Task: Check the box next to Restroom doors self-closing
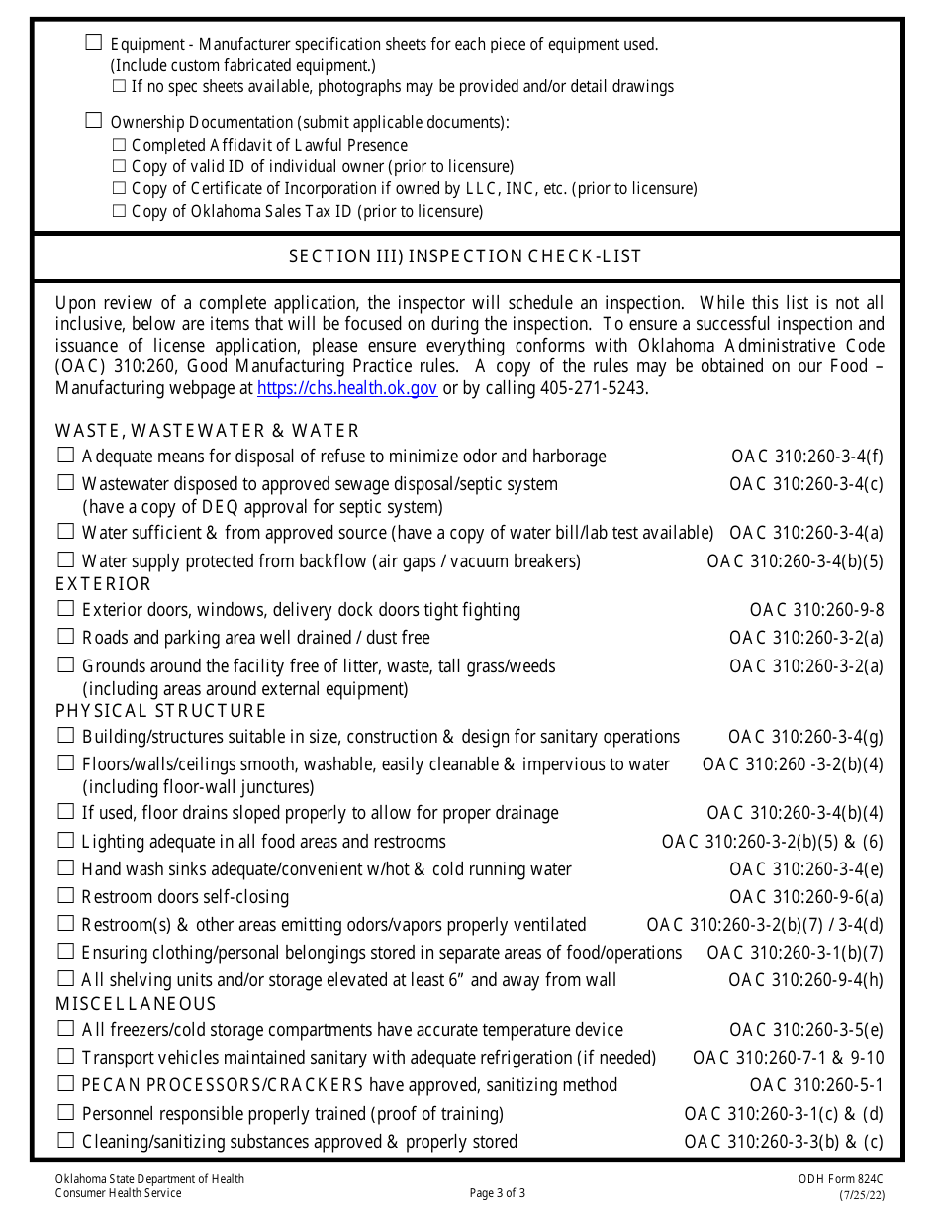66,896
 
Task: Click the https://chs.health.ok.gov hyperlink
347,388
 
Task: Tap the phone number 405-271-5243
591,388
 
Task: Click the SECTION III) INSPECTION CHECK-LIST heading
465,256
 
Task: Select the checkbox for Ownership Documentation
94,121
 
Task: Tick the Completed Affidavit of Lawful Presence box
120,145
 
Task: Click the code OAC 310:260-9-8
816,610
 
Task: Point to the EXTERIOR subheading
104,584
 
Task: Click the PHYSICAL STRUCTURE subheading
161,711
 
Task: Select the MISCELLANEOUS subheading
136,1004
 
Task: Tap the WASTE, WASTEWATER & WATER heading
208,431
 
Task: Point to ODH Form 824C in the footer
841,1179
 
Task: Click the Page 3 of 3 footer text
498,1193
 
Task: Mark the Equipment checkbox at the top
94,42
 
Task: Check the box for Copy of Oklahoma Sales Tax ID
120,211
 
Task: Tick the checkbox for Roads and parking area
66,637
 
